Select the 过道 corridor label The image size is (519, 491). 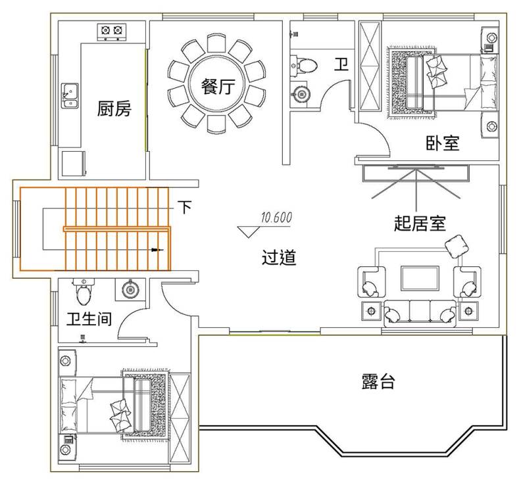point(279,258)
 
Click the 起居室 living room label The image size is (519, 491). point(420,224)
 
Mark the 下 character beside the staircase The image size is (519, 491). point(185,208)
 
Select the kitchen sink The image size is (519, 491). point(70,95)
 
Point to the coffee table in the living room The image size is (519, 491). point(420,278)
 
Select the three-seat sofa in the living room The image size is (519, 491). point(420,311)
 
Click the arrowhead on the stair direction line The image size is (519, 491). point(156,250)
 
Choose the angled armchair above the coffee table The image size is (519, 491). point(458,246)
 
